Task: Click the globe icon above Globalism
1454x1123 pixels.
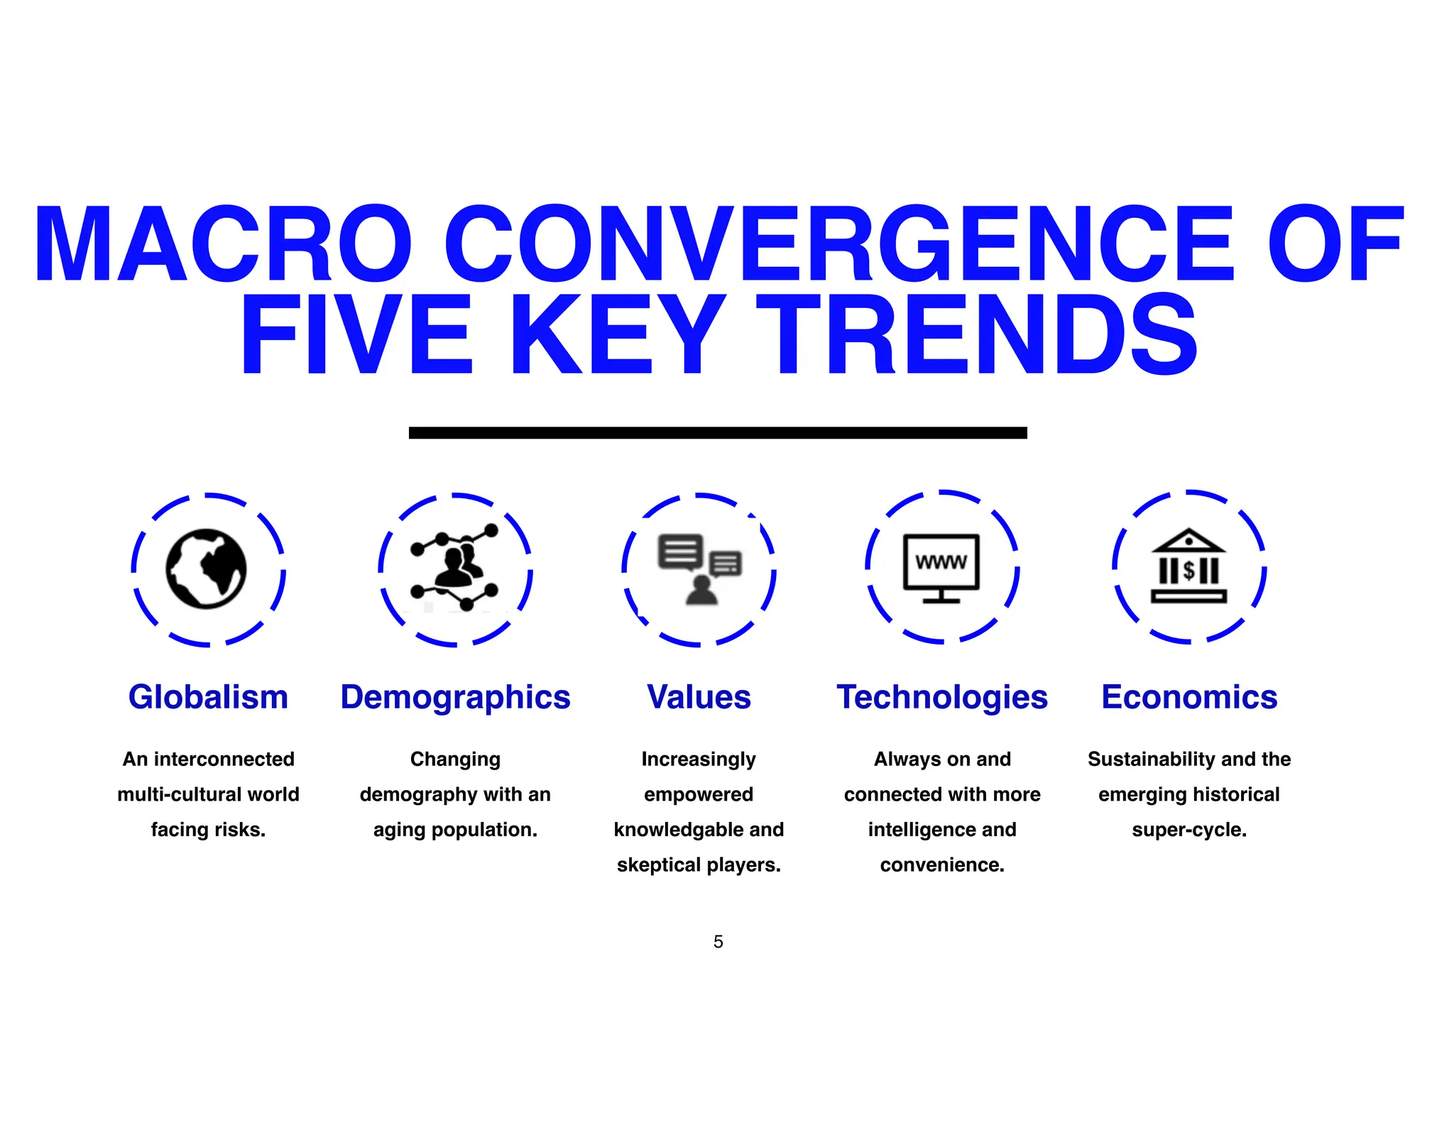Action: tap(207, 569)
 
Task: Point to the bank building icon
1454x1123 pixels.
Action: tap(1188, 566)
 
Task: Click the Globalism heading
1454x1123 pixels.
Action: tap(208, 697)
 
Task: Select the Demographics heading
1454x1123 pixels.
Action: tap(455, 697)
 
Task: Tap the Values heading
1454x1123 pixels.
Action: tap(699, 697)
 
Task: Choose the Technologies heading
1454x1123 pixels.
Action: tap(942, 697)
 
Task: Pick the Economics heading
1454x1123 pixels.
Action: tap(1189, 697)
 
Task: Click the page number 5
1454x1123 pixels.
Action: tap(718, 942)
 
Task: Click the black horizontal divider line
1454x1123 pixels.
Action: tap(718, 432)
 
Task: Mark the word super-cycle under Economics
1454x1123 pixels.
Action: tap(1189, 830)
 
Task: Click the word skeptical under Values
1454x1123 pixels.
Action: tap(658, 865)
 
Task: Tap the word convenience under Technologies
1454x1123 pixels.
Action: tap(942, 865)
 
